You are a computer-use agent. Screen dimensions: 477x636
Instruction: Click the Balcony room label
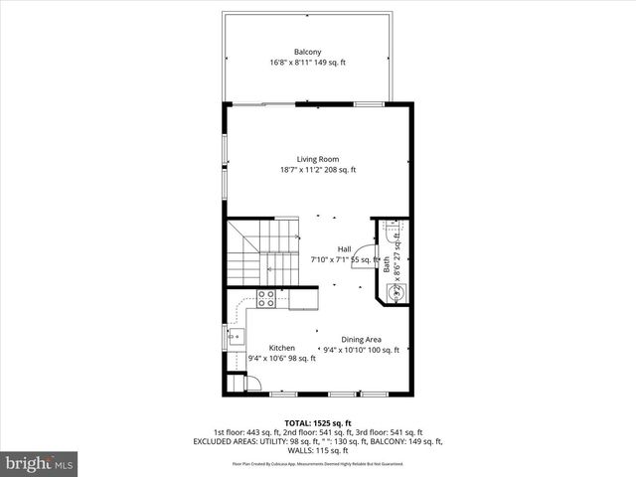[x=307, y=52]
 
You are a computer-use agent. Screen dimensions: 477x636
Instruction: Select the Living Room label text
[x=317, y=159]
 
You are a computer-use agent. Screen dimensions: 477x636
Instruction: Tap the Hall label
[x=344, y=248]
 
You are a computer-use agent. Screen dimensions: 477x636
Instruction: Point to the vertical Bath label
[x=387, y=264]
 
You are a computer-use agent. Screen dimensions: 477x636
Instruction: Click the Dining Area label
[x=362, y=339]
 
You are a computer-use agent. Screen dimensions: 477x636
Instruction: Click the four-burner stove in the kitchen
[x=266, y=299]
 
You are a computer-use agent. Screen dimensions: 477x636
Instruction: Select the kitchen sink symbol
[x=234, y=338]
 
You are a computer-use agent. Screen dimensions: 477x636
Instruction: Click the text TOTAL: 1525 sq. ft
[x=317, y=422]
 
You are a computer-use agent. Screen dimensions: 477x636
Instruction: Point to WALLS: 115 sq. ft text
[x=317, y=451]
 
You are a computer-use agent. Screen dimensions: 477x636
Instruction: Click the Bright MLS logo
[x=40, y=463]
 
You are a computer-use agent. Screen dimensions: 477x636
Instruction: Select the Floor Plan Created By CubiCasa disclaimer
[x=317, y=464]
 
